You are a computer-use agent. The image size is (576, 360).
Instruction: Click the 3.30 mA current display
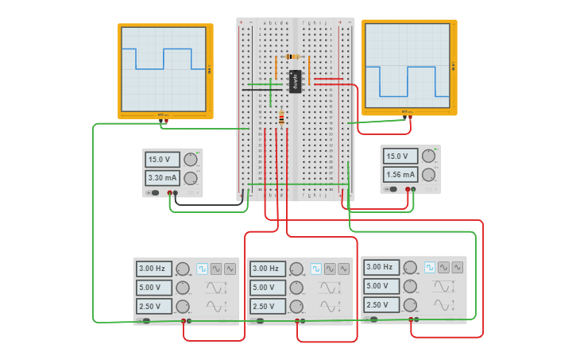(162, 178)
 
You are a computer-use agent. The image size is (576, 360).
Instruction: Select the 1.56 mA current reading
(400, 175)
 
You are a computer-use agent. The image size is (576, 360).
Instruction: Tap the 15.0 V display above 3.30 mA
(162, 159)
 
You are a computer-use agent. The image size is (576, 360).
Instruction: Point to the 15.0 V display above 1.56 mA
(400, 157)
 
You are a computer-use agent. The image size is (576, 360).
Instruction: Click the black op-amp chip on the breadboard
(295, 81)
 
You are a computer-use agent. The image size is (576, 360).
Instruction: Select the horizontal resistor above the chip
(292, 57)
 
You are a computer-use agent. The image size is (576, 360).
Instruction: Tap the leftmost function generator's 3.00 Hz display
(153, 269)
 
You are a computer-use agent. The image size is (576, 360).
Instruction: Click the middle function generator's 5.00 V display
(268, 288)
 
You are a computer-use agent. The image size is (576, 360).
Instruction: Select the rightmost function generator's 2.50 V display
(381, 305)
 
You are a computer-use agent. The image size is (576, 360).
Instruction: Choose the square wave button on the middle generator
(316, 269)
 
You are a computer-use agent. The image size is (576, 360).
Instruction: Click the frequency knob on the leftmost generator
(183, 269)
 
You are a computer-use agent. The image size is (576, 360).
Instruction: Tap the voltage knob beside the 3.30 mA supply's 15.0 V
(191, 159)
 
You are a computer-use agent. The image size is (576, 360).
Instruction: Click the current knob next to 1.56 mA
(429, 175)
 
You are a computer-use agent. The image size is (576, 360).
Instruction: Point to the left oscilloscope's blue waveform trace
(163, 60)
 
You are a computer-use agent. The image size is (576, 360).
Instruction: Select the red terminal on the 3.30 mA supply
(168, 193)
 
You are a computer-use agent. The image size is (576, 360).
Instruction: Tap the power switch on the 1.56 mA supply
(392, 189)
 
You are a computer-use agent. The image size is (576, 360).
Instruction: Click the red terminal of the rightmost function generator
(412, 319)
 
